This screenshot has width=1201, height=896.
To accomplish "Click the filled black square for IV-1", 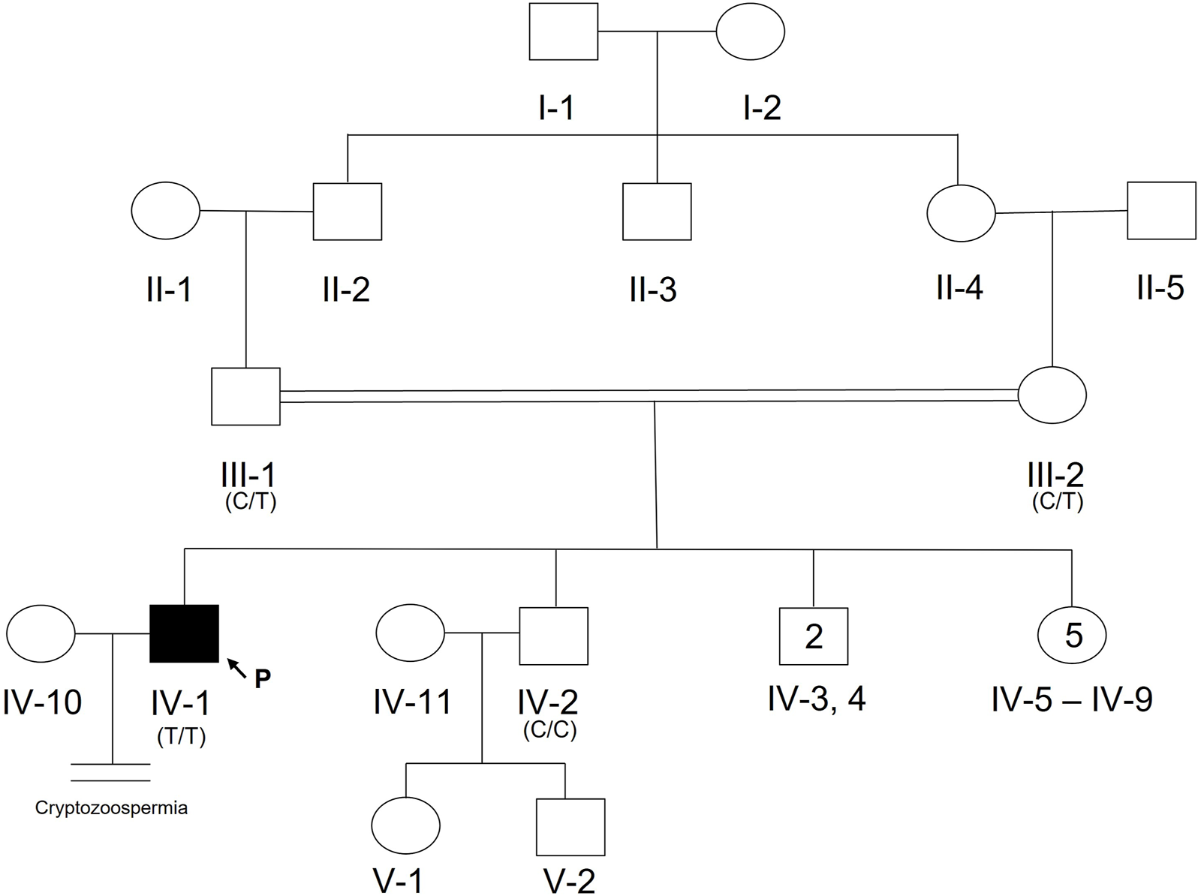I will (185, 633).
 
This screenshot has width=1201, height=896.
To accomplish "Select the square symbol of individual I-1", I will (564, 32).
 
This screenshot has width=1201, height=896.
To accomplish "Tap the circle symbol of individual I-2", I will (751, 32).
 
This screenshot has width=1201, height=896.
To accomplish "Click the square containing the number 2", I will (814, 636).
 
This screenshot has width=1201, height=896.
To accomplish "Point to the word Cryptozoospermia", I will (111, 808).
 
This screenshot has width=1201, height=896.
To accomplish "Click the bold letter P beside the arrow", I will (262, 678).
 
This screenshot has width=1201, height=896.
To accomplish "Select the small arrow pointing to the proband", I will (236, 666).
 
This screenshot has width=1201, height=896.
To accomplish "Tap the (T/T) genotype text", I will (182, 737).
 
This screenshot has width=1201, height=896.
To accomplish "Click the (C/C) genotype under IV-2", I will (550, 730).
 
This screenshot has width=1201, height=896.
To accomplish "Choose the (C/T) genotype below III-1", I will (251, 502).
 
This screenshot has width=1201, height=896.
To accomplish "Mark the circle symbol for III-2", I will (1052, 395).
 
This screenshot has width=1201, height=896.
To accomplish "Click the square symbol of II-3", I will (657, 212).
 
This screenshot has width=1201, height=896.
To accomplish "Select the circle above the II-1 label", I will (166, 211).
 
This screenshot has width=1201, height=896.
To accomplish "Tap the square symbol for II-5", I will (1161, 211).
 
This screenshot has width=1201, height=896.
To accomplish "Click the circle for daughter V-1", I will (406, 825).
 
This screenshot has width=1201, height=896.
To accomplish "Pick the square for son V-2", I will (570, 827).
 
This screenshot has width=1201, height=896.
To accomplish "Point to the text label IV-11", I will (412, 702).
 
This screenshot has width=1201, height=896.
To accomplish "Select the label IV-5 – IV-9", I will (1072, 699).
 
